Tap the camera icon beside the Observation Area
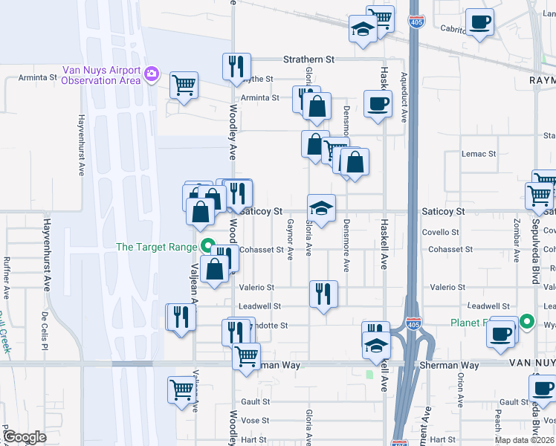pos(152,74)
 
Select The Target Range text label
pos(156,248)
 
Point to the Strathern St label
pos(308,59)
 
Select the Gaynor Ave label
pos(291,242)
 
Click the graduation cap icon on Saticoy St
pos(322,208)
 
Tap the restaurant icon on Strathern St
pos(236,66)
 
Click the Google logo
pos(24,437)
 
